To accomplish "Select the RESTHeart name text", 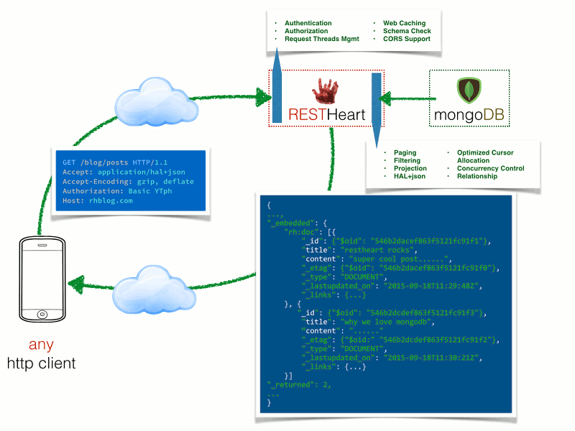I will coord(326,114).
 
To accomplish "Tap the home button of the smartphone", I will coord(42,314).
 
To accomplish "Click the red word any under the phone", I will coord(42,344).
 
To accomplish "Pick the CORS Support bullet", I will coord(406,40).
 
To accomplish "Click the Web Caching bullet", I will coord(404,24).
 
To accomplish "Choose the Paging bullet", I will coord(405,153).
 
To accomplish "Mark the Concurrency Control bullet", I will coord(490,169).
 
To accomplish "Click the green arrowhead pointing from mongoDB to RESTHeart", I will coord(386,97).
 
